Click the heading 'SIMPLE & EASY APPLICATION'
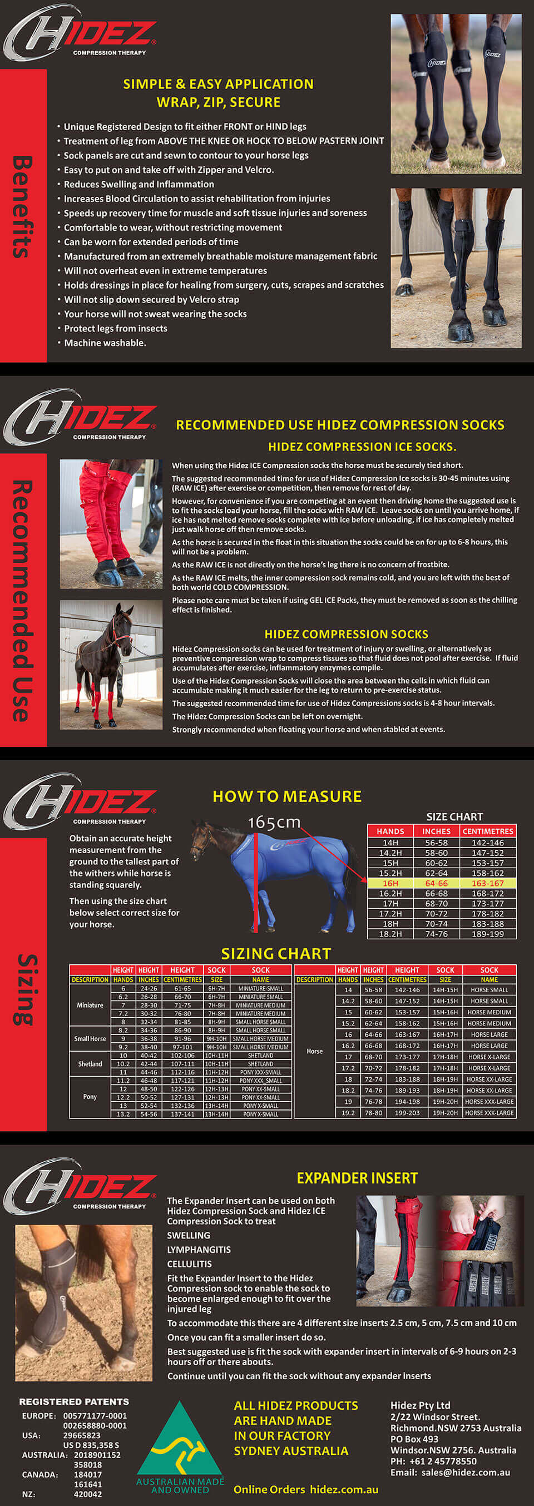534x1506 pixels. click(x=218, y=84)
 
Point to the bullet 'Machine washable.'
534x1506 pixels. click(x=105, y=343)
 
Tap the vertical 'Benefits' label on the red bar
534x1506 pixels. click(x=22, y=207)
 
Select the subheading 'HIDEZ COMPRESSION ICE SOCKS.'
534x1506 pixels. click(x=362, y=447)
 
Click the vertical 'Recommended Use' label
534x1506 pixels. click(x=22, y=601)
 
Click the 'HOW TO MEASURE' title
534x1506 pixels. click(x=286, y=796)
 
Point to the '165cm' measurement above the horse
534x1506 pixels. click(x=274, y=823)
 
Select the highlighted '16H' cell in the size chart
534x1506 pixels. click(x=390, y=883)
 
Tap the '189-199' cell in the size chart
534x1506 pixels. click(x=488, y=934)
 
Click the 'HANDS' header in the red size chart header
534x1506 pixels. click(x=390, y=831)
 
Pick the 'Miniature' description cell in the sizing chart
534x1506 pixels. click(x=90, y=1005)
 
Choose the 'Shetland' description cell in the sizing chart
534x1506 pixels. click(x=90, y=1064)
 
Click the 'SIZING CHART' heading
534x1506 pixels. click(x=275, y=954)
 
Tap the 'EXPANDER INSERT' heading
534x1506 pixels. click(x=357, y=1178)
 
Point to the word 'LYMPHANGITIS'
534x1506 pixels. click(x=199, y=1250)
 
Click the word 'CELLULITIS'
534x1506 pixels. click(x=190, y=1264)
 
